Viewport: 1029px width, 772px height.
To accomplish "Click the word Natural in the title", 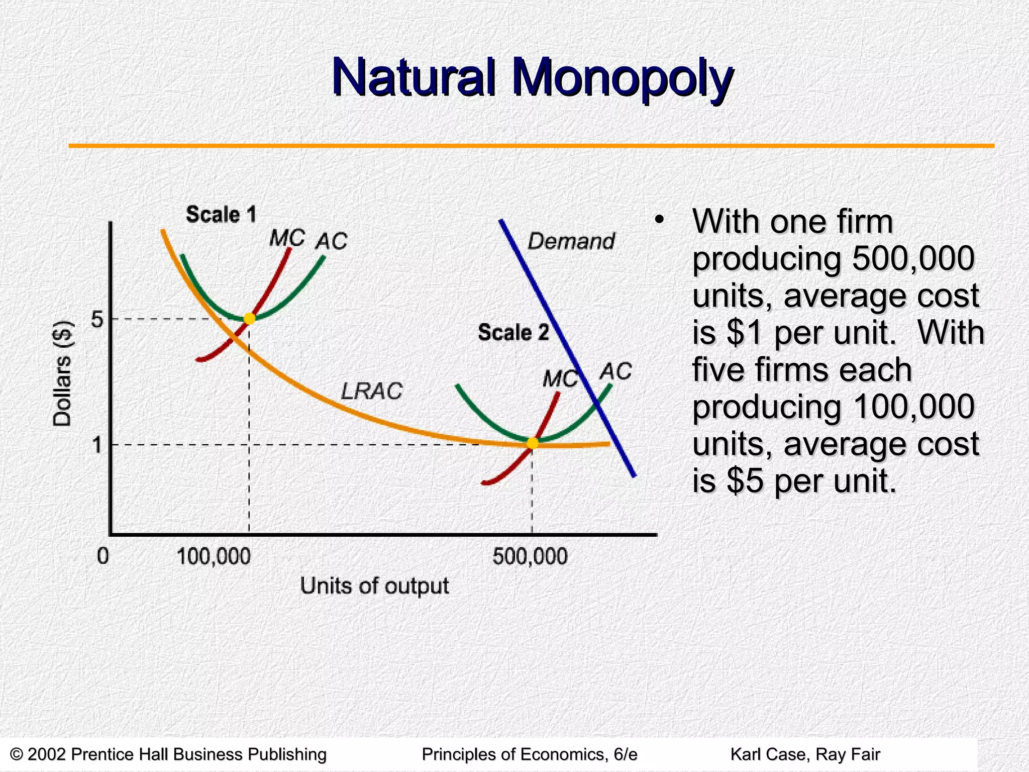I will tap(414, 78).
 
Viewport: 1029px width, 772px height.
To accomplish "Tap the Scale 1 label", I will tap(221, 215).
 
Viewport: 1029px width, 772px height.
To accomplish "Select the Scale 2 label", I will tap(513, 333).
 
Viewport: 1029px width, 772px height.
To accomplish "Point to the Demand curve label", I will tap(571, 242).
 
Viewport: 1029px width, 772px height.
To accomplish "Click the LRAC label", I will tap(372, 391).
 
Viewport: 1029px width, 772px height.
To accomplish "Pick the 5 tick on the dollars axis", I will tap(97, 319).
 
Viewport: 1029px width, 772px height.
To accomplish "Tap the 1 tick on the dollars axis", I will tap(97, 445).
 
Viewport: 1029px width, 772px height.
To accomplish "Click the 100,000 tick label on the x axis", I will tap(214, 557).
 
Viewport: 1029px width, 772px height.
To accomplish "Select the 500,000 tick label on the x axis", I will tap(530, 557).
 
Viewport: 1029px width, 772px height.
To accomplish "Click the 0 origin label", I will tap(102, 556).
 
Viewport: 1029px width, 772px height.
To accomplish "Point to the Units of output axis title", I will tap(374, 586).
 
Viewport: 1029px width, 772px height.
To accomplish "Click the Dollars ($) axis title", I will tap(63, 373).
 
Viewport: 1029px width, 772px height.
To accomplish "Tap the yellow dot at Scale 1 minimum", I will tap(249, 319).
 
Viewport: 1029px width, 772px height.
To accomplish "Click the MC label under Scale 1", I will tap(287, 238).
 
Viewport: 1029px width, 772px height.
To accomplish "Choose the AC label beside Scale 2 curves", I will tap(615, 372).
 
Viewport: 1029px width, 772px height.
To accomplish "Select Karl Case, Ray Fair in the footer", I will tap(805, 754).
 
